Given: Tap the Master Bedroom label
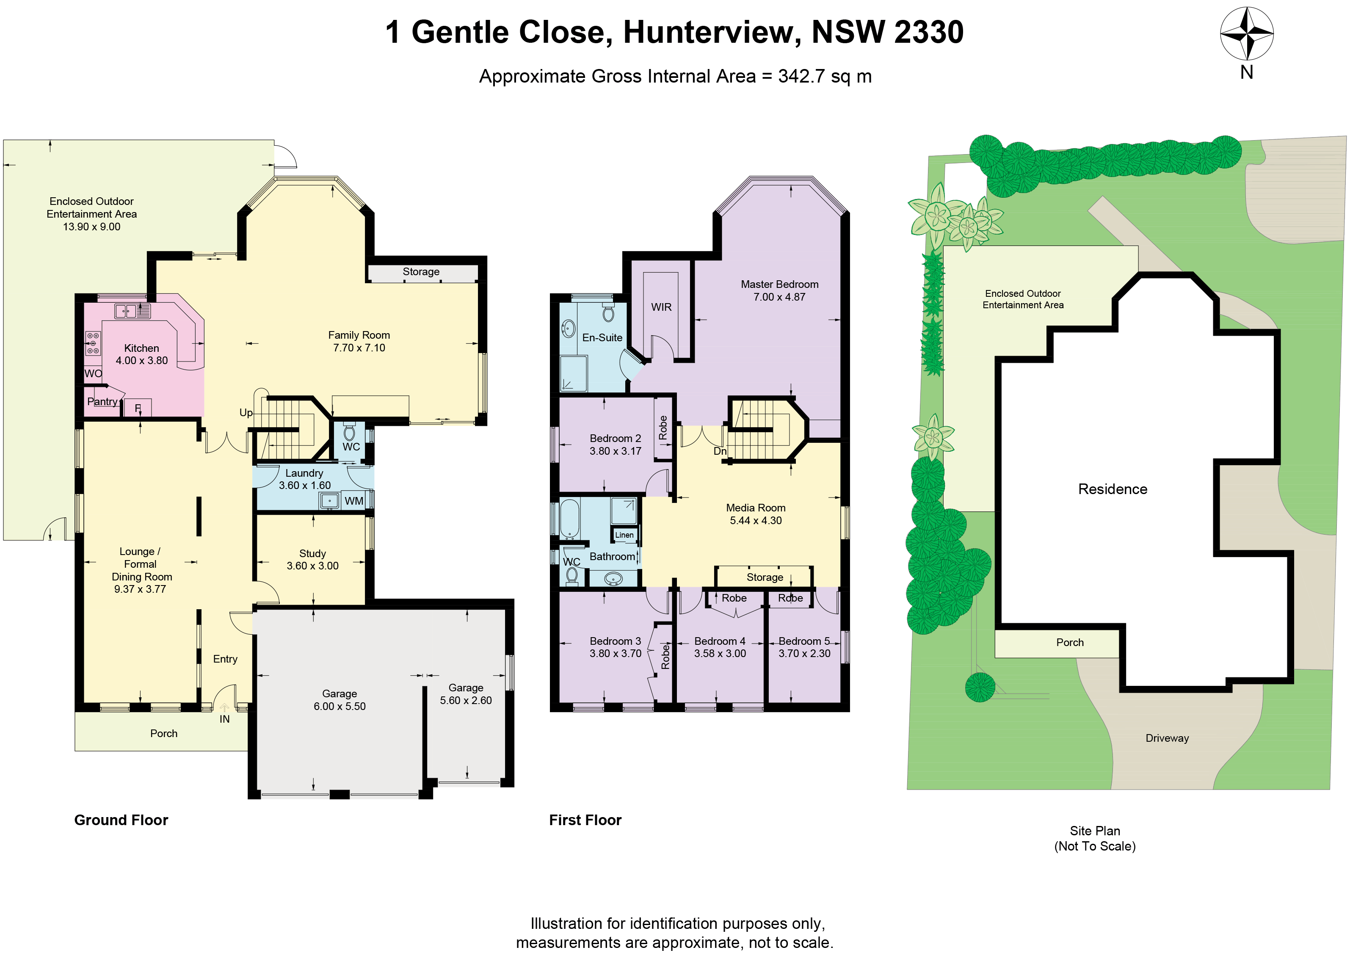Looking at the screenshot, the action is pyautogui.click(x=779, y=284).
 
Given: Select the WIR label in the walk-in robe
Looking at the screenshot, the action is pyautogui.click(x=661, y=307).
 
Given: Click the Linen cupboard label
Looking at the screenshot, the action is pyautogui.click(x=624, y=535).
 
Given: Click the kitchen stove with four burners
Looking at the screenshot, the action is pyautogui.click(x=93, y=343).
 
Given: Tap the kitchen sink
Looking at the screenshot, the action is pyautogui.click(x=132, y=311).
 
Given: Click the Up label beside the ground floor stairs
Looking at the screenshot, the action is pyautogui.click(x=246, y=412).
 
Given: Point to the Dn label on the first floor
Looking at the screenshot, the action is pyautogui.click(x=720, y=451).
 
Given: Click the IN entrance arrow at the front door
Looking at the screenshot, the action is pyautogui.click(x=224, y=708).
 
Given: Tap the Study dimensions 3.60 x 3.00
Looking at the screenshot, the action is pyautogui.click(x=312, y=566).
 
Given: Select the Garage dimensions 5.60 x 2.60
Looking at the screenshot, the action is pyautogui.click(x=466, y=701).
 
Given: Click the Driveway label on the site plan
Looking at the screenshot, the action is pyautogui.click(x=1167, y=738).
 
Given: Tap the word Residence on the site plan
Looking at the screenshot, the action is pyautogui.click(x=1113, y=489).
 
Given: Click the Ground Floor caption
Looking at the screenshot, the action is pyautogui.click(x=121, y=820).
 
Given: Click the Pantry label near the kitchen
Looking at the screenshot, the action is pyautogui.click(x=102, y=402).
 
